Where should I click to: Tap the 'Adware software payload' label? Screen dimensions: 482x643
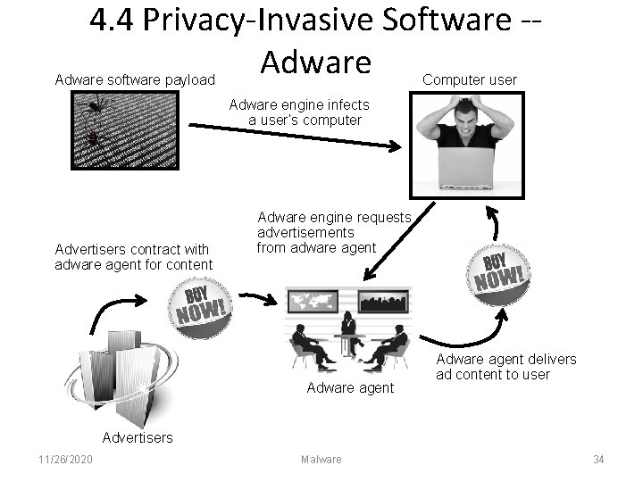[135, 80]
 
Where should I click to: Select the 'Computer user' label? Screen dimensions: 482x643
[469, 79]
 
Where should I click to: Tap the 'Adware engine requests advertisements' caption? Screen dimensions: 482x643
[332, 232]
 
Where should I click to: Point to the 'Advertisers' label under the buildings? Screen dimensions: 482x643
[138, 437]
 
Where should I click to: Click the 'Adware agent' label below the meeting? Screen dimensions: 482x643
[350, 387]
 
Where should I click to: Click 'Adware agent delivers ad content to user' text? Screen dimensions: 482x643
[505, 367]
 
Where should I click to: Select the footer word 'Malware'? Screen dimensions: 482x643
[321, 460]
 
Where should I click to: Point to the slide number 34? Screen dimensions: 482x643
[598, 460]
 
